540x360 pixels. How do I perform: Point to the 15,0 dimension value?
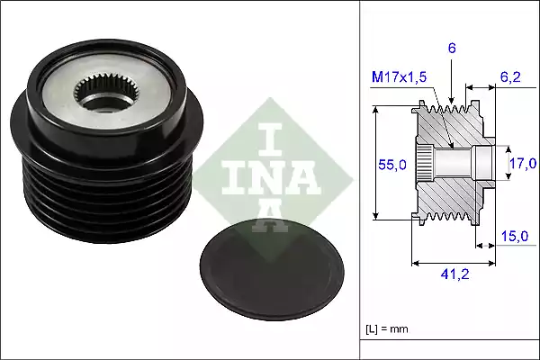pos(514,235)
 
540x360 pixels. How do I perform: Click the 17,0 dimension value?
pos(523,163)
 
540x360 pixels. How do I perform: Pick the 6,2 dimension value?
pos(511,79)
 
